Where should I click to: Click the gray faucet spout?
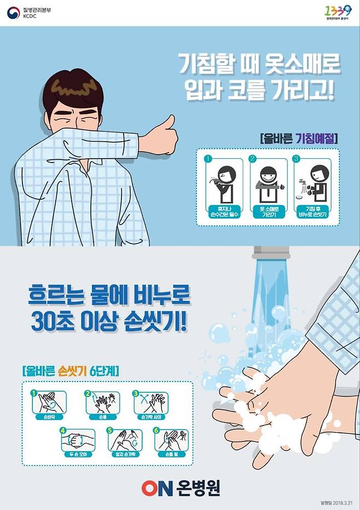coord(271,252)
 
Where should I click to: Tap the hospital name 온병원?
coord(199,487)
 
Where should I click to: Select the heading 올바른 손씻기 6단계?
coord(71,370)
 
